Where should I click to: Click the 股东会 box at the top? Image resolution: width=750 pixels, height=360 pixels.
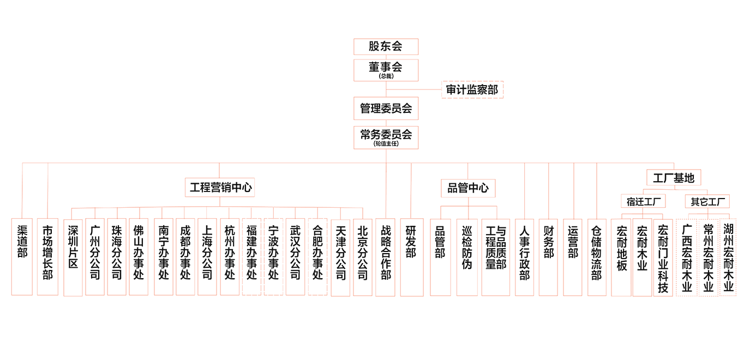pyautogui.click(x=386, y=46)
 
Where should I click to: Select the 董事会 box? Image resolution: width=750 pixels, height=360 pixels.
pyautogui.click(x=386, y=70)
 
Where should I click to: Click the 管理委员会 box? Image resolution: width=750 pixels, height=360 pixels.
pyautogui.click(x=386, y=109)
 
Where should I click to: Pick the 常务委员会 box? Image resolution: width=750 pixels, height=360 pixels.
pyautogui.click(x=386, y=137)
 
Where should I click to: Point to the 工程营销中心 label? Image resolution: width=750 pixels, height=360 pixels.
pyautogui.click(x=220, y=188)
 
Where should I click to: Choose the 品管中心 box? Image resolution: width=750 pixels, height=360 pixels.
pyautogui.click(x=468, y=188)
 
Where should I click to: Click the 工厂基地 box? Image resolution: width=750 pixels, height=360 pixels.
pyautogui.click(x=674, y=178)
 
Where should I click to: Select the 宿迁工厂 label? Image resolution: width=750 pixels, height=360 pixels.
pyautogui.click(x=643, y=202)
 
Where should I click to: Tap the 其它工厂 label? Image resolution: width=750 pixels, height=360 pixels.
pyautogui.click(x=707, y=202)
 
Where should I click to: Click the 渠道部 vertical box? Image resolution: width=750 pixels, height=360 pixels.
pyautogui.click(x=22, y=256)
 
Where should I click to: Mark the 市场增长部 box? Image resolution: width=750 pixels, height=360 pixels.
pyautogui.click(x=47, y=256)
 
